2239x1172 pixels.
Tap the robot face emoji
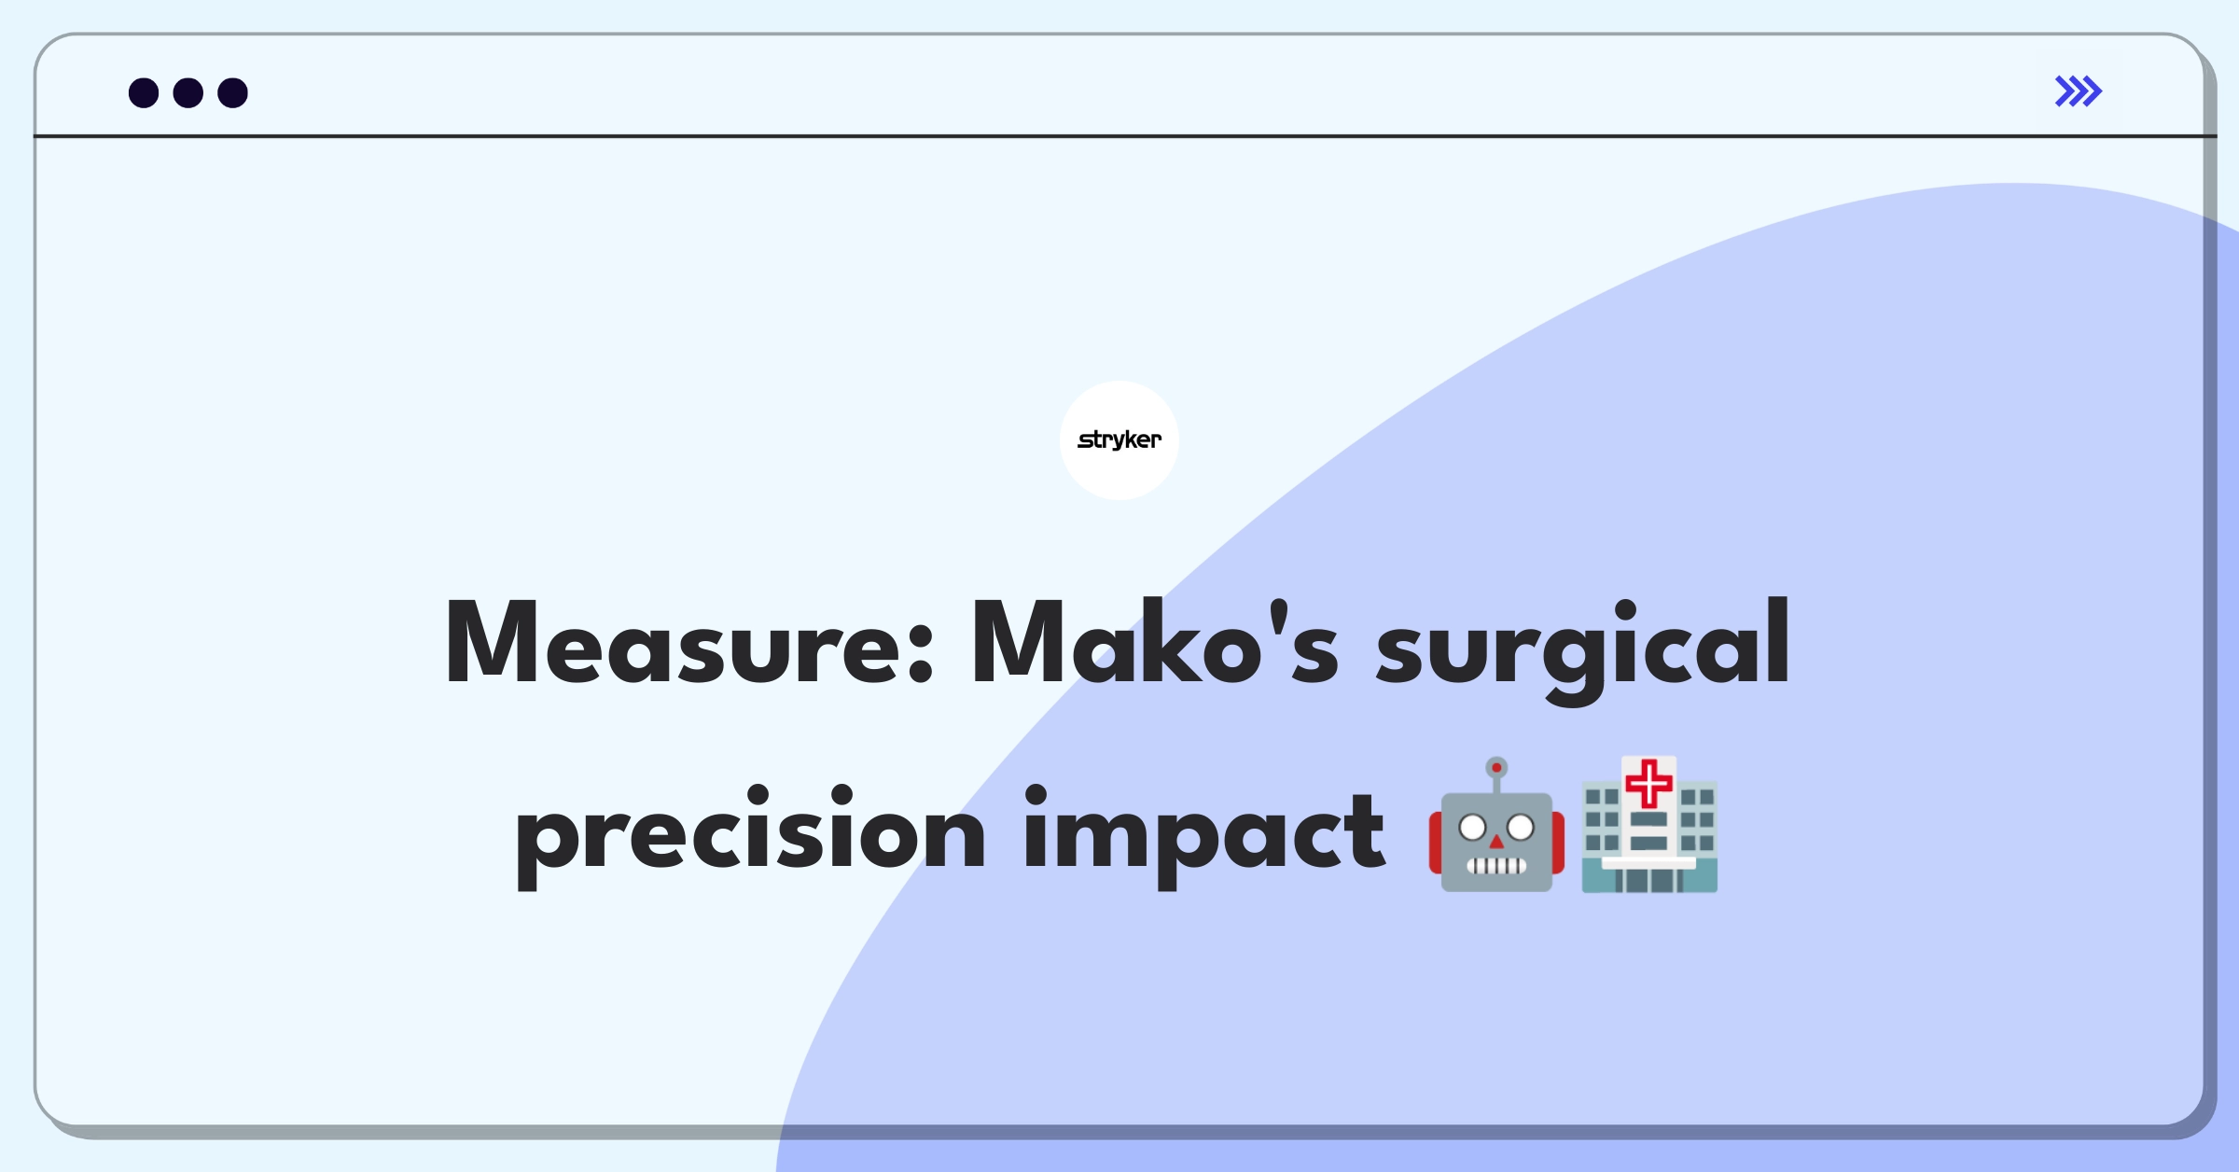point(1496,827)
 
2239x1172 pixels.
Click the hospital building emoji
point(1649,825)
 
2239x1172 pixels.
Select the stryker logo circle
point(1119,440)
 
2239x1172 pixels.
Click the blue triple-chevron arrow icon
point(2078,91)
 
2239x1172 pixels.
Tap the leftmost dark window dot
point(144,92)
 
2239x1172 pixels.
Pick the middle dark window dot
point(188,92)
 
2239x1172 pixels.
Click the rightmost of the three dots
point(233,92)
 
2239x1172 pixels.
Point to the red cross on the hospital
point(1649,782)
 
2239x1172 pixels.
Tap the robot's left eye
point(1472,827)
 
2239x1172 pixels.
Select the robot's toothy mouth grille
point(1496,865)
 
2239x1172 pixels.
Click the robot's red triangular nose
point(1496,843)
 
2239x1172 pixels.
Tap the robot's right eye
point(1521,827)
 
